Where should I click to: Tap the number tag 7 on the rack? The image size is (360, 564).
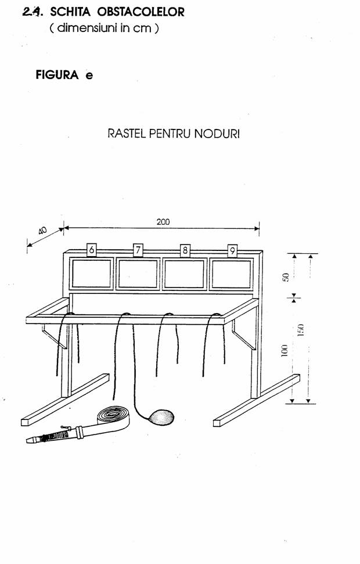click(x=138, y=250)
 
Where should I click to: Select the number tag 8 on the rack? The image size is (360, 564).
click(x=185, y=250)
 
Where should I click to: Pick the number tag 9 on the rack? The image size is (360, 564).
click(x=232, y=250)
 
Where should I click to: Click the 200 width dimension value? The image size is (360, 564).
click(x=163, y=221)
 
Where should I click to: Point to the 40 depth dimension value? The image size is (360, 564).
click(x=42, y=231)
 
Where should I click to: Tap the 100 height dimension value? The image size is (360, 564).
click(x=284, y=350)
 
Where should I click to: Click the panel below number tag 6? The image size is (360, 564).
click(x=92, y=274)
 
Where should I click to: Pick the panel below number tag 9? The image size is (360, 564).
click(x=231, y=274)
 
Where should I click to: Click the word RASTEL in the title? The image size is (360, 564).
click(x=127, y=135)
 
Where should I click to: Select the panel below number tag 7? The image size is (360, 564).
click(x=138, y=274)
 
